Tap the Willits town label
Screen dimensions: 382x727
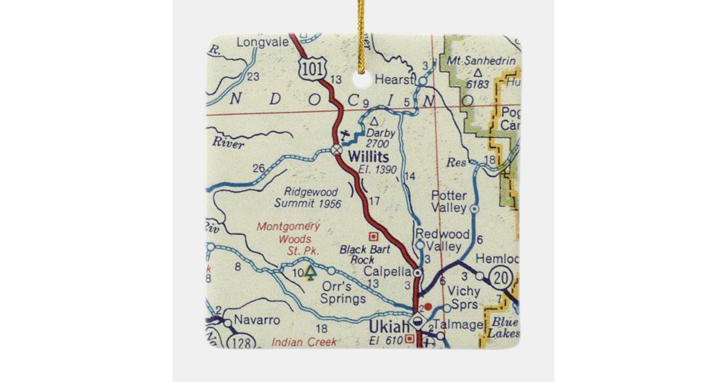368,157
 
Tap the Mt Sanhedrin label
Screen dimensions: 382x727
481,61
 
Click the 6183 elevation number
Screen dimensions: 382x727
477,84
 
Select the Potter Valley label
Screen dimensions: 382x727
449,201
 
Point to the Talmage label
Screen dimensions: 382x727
465,324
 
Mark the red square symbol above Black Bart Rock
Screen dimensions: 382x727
373,236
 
